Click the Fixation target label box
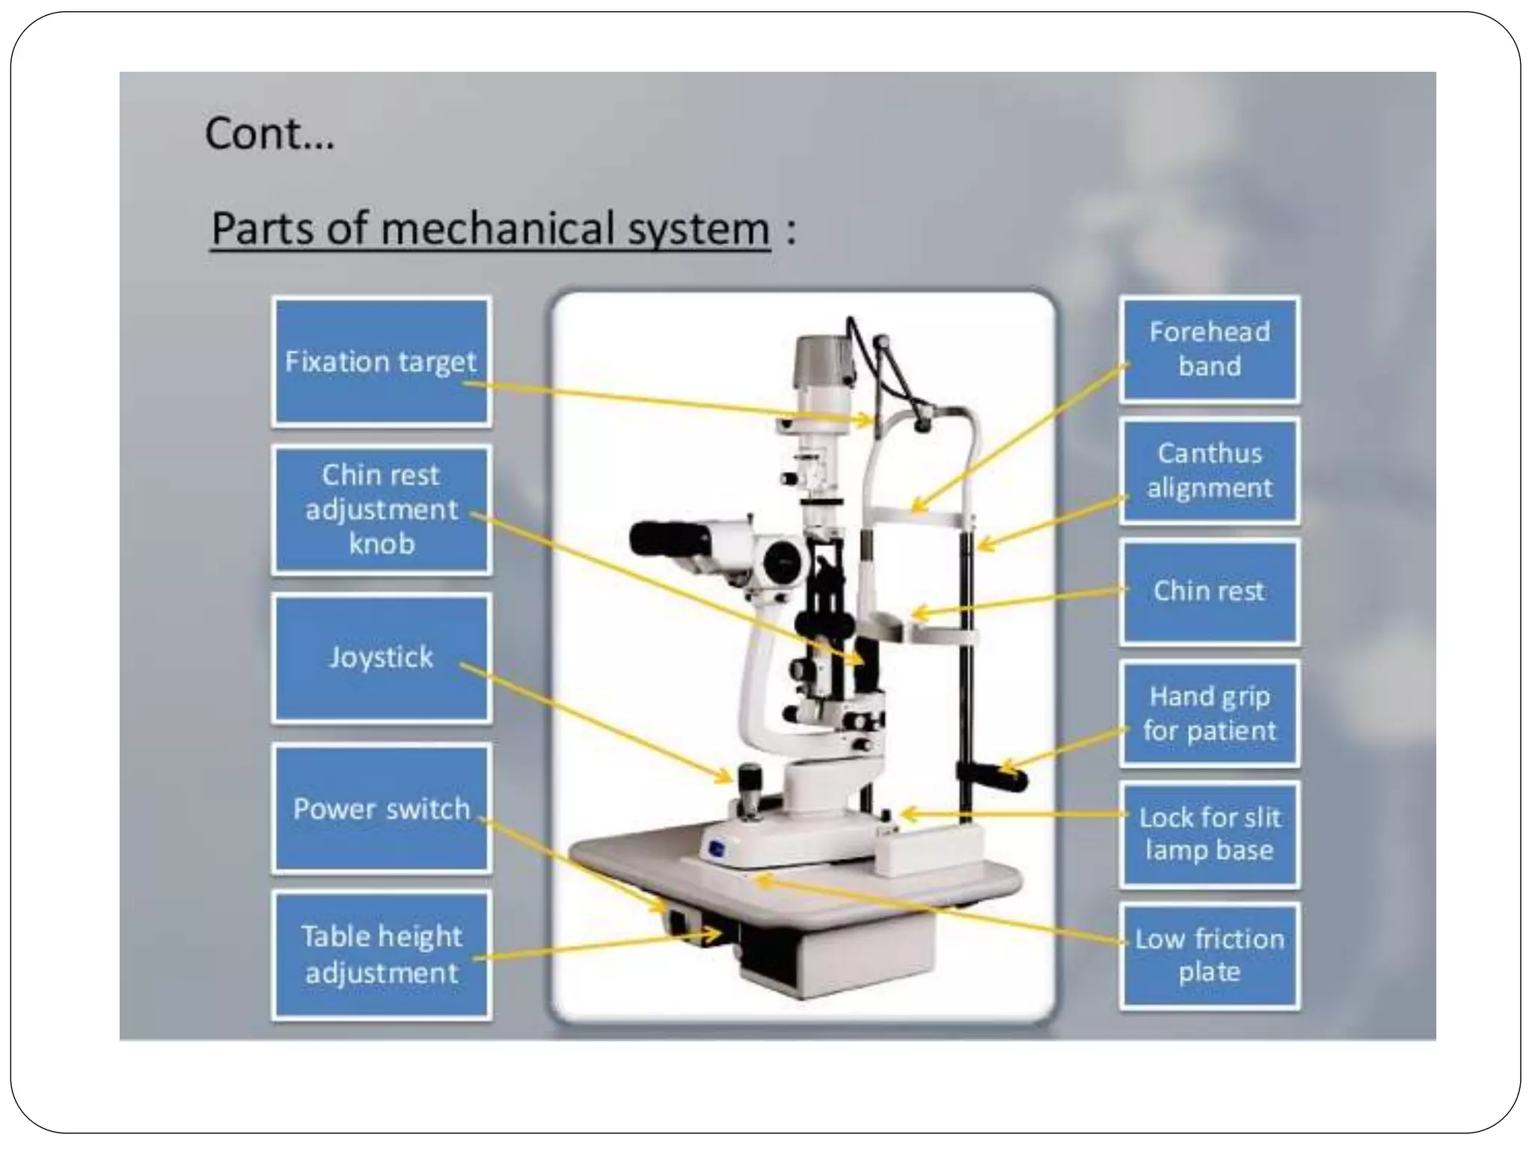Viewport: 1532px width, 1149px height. click(381, 361)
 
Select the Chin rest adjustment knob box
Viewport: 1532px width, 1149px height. click(381, 509)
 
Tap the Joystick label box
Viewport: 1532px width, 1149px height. click(381, 658)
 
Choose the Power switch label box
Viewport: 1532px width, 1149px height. click(381, 808)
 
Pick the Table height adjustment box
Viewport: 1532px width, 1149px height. click(381, 955)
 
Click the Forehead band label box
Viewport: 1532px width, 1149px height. click(1209, 349)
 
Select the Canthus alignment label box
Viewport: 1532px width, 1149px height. click(1209, 471)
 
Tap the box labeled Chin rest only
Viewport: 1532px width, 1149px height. click(1209, 591)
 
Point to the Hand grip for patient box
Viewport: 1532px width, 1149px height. click(1209, 713)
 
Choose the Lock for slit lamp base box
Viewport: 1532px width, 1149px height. click(1209, 834)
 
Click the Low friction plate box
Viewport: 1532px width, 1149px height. click(1209, 955)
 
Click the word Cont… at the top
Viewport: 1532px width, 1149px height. click(269, 135)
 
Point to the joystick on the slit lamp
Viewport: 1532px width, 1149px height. click(749, 782)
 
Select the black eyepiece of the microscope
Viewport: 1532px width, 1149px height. click(669, 539)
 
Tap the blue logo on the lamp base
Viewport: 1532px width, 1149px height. click(717, 848)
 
